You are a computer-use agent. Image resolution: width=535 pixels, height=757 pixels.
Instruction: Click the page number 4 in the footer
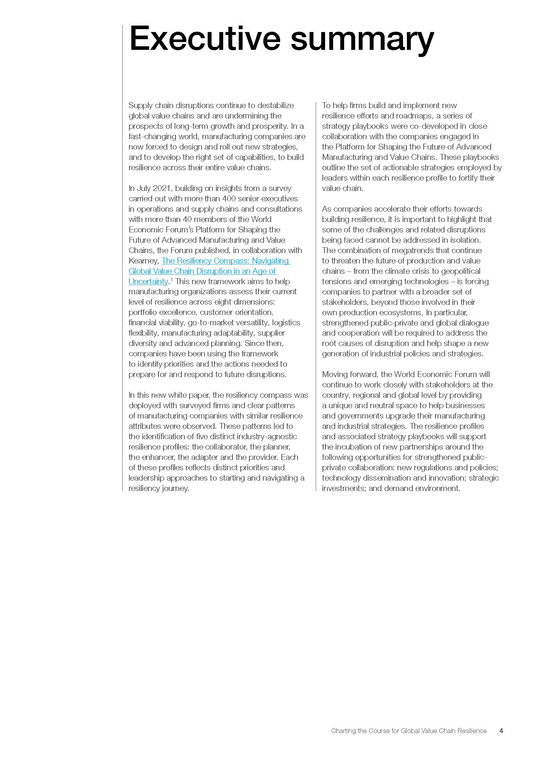(x=501, y=721)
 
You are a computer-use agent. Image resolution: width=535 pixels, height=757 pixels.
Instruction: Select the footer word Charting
(x=343, y=721)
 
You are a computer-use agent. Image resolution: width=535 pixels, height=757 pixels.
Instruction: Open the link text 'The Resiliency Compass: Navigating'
(x=225, y=261)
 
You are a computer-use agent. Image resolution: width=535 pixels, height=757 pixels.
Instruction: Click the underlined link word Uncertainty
(x=148, y=281)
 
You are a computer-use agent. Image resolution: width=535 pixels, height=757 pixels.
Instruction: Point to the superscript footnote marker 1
(x=171, y=280)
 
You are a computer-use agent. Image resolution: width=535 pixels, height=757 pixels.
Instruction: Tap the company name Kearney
(x=143, y=261)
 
